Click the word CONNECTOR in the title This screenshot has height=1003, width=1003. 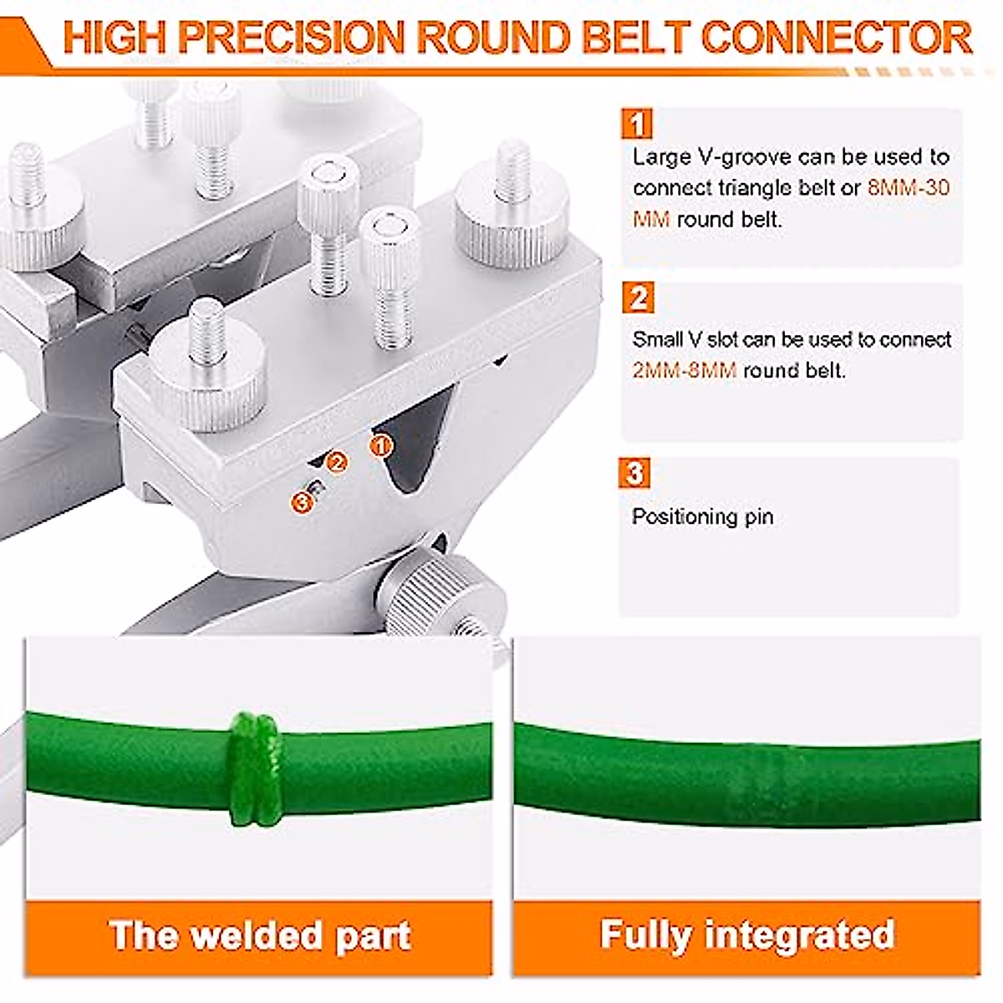tap(836, 38)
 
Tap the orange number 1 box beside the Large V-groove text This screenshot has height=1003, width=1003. tap(637, 124)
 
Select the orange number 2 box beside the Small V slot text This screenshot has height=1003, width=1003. tap(639, 298)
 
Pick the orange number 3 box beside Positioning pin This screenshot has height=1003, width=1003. tap(635, 473)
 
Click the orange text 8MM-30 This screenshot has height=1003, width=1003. tap(909, 188)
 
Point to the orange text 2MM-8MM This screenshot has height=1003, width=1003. tap(684, 370)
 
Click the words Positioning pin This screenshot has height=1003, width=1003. tap(702, 517)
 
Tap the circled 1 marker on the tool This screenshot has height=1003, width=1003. tap(380, 444)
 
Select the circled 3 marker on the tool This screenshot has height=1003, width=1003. tap(302, 501)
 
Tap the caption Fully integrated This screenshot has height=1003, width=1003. tap(746, 934)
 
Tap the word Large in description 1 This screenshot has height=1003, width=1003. tap(659, 156)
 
